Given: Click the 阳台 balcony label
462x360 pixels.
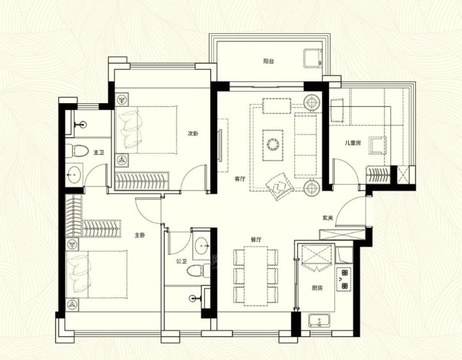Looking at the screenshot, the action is point(268,61).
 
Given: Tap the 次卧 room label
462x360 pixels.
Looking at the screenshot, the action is point(193,134).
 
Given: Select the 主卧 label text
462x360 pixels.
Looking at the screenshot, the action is point(139,235).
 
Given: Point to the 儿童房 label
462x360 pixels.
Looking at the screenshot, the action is point(353,143).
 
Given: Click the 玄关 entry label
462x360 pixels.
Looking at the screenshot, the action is point(328,218).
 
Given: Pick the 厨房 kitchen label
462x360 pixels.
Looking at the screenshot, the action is point(317,288).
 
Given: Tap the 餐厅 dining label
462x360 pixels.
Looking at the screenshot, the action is point(256,240).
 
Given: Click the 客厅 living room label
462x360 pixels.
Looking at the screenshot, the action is point(240,179).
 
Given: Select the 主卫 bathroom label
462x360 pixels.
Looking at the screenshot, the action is point(99,152).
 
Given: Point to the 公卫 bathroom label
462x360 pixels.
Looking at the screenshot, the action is point(181,261).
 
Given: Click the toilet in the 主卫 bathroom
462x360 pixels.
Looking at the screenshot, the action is point(77,151).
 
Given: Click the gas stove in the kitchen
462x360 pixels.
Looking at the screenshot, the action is point(344,279).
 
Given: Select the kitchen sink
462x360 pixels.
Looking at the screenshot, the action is point(319,321).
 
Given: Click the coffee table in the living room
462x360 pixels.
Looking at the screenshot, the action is point(273,145).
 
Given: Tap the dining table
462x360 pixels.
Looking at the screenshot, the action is point(256,276).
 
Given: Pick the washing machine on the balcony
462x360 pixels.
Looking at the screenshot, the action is point(313,58).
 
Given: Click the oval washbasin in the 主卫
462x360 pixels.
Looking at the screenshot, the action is point(74,174).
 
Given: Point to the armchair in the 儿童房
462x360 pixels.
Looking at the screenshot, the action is point(378,145).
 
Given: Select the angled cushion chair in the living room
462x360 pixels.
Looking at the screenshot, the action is point(280,186).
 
